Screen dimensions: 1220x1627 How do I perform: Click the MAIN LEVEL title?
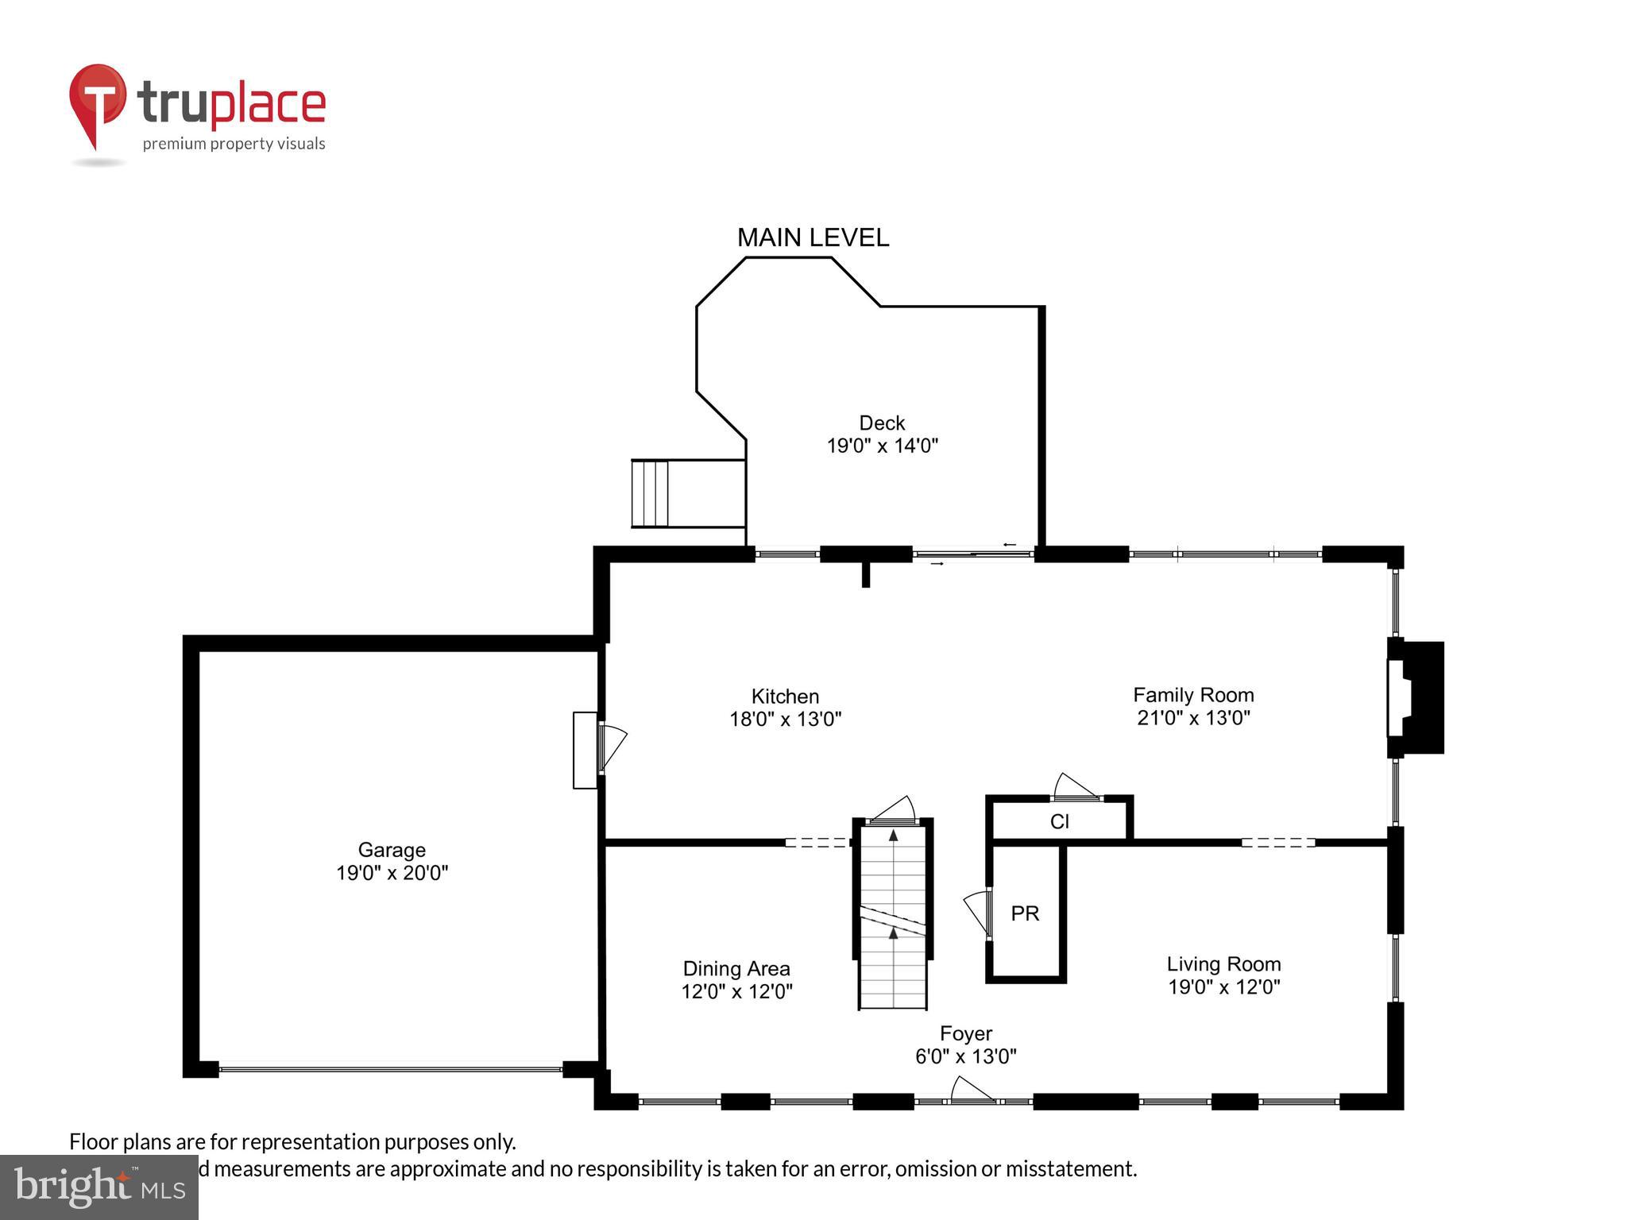coord(813,237)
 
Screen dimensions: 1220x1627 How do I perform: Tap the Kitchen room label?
coord(785,697)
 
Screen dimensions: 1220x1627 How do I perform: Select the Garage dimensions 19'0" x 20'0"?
coord(392,873)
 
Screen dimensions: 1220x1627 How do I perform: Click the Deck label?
coord(882,423)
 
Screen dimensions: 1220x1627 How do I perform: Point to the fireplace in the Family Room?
coord(1415,697)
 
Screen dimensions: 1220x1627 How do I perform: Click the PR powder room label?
coord(1025,913)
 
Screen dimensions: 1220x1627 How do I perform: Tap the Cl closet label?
coord(1059,821)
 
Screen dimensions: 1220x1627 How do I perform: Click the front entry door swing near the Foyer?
coord(971,1091)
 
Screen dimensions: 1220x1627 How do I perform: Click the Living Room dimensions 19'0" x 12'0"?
coord(1223,987)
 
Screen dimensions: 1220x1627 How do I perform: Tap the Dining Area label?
coord(736,969)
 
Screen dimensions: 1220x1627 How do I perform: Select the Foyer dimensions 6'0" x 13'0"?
coord(965,1056)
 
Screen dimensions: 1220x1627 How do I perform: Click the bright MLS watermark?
coord(99,1187)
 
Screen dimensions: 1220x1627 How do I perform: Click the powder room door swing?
coord(976,912)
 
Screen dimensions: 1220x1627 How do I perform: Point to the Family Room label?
coord(1193,695)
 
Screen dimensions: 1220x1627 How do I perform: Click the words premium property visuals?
coord(234,144)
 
